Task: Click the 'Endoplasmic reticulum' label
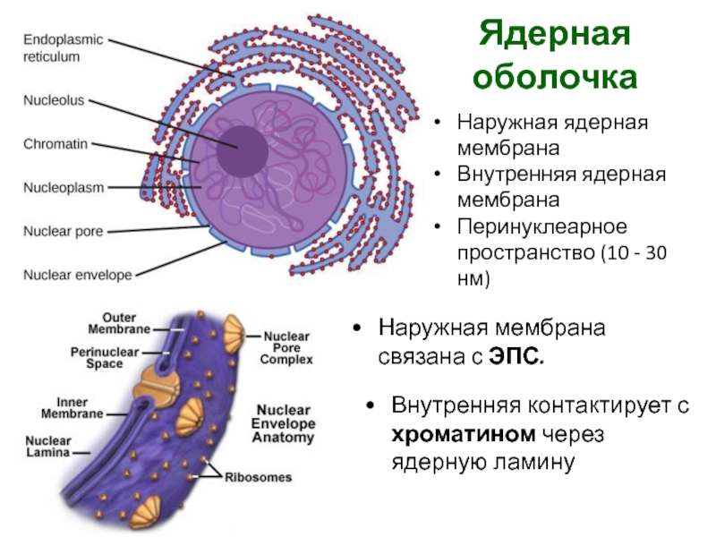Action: click(x=63, y=48)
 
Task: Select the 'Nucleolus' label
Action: click(x=54, y=101)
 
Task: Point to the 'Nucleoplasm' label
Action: click(x=64, y=188)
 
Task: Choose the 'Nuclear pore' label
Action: click(x=63, y=232)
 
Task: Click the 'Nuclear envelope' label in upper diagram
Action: click(x=77, y=275)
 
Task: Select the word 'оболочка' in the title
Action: click(x=555, y=78)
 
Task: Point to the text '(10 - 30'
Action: click(x=622, y=253)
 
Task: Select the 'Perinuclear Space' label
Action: click(x=104, y=358)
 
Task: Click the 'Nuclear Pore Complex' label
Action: click(x=286, y=348)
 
